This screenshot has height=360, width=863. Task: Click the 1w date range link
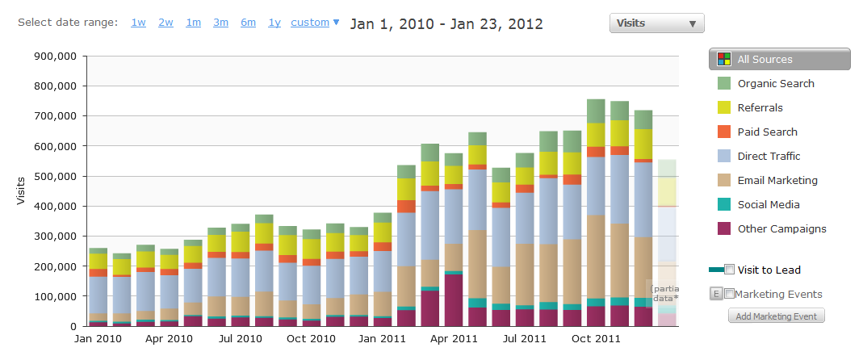[138, 23]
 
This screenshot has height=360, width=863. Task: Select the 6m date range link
[248, 23]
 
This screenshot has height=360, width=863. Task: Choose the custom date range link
[310, 23]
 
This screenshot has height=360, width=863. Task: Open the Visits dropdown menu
[656, 23]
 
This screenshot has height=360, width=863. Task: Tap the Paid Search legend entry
[756, 132]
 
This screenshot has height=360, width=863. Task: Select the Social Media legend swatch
[724, 205]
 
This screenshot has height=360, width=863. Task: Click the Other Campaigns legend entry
[772, 229]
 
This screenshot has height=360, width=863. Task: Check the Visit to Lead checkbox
[730, 270]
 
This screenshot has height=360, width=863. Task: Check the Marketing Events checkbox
[729, 294]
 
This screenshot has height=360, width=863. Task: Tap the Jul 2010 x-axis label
[241, 338]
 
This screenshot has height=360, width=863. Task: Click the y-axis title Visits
[22, 191]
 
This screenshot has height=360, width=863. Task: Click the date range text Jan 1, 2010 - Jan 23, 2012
[446, 23]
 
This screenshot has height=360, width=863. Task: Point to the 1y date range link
[274, 23]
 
